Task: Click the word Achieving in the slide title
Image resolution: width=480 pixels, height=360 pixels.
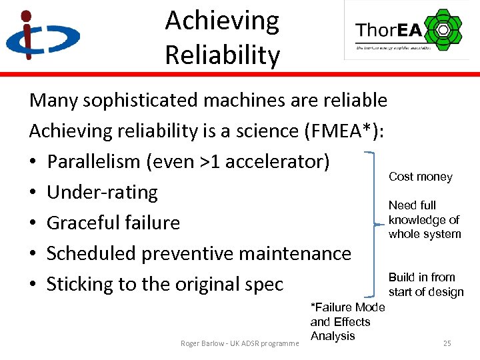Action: (222, 21)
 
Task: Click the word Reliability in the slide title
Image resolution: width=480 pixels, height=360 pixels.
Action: (222, 55)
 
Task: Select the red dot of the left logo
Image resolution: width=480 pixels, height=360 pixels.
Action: (25, 16)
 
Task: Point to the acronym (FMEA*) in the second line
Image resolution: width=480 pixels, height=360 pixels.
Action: (343, 131)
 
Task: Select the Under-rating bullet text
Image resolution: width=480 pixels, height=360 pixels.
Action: (102, 192)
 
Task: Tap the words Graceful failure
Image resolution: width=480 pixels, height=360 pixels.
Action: (113, 223)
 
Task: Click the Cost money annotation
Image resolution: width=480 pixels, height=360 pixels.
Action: (420, 177)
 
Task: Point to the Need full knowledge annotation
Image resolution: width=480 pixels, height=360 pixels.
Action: (425, 219)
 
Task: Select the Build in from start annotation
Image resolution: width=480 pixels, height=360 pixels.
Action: (425, 285)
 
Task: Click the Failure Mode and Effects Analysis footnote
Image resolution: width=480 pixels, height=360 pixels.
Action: (347, 321)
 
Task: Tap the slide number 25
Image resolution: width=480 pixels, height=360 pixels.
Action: (447, 343)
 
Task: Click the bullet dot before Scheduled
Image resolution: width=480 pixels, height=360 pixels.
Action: (33, 254)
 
